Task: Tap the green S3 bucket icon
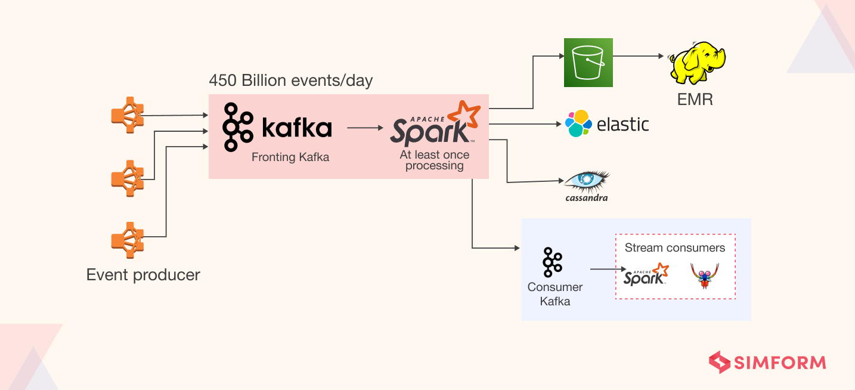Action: coord(588,63)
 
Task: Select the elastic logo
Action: coord(607,124)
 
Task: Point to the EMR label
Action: coord(695,98)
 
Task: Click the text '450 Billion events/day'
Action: coord(290,81)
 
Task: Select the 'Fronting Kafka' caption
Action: coord(290,157)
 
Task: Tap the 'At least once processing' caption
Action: coord(434,160)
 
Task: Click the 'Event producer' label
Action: coord(143,275)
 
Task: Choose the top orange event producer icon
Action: coord(128,115)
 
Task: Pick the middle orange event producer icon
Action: coord(128,178)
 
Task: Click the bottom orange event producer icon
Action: coord(128,240)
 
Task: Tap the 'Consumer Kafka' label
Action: coord(554,294)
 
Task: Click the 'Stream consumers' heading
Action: coord(675,247)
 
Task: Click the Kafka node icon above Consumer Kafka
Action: coord(552,262)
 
